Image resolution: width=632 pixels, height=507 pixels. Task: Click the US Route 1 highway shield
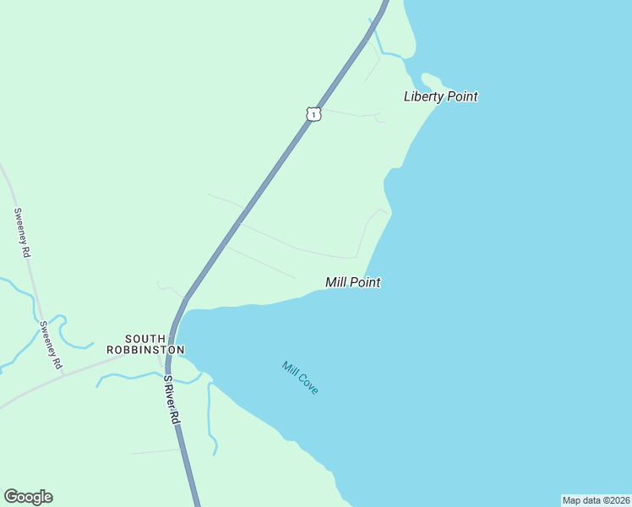[313, 113]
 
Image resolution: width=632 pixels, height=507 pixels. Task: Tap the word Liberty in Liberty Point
[423, 96]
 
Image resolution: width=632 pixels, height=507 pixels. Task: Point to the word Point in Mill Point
[366, 282]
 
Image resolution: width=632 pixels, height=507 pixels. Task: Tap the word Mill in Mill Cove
[291, 369]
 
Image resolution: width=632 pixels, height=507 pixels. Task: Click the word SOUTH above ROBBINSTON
[145, 338]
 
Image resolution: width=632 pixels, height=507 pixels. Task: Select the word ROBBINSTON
[145, 349]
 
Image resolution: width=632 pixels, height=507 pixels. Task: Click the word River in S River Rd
[172, 399]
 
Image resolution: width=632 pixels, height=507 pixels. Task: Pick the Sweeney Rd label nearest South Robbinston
[50, 345]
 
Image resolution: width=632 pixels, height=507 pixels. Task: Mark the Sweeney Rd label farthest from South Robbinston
[22, 232]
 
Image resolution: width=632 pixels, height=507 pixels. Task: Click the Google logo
[28, 497]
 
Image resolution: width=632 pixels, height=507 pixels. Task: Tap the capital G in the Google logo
[10, 497]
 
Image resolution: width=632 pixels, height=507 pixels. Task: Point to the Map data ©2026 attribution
[597, 500]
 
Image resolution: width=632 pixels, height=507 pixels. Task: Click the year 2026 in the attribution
[618, 500]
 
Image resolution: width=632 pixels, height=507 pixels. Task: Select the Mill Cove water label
[301, 378]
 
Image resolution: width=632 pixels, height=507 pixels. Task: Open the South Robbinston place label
[145, 344]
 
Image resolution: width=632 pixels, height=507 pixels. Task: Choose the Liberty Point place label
[440, 96]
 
